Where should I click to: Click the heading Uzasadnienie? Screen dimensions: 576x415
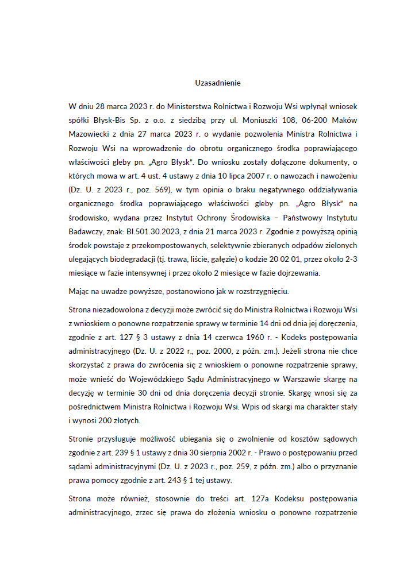tap(218, 83)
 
